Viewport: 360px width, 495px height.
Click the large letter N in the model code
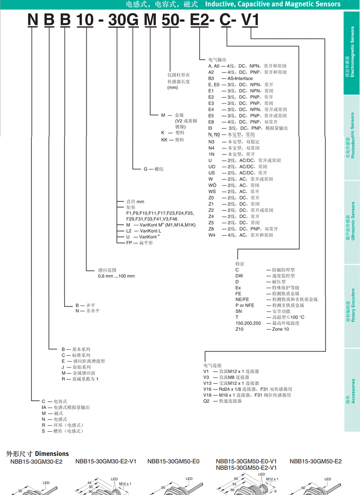[x=32, y=21]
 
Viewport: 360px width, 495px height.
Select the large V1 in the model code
[x=250, y=21]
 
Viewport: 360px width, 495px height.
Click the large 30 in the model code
[x=117, y=21]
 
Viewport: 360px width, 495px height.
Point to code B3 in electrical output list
[x=211, y=78]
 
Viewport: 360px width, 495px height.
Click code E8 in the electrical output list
[x=211, y=122]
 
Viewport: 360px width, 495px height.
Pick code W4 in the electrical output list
[x=212, y=235]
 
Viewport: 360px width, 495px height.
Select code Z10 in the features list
[x=240, y=329]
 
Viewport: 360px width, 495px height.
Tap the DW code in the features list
[x=239, y=276]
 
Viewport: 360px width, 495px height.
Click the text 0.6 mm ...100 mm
[x=116, y=276]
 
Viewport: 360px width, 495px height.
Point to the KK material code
[x=165, y=140]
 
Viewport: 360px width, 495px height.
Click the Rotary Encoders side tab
[x=351, y=305]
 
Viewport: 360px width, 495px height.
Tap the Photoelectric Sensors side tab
[x=351, y=137]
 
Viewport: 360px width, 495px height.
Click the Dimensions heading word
[x=52, y=454]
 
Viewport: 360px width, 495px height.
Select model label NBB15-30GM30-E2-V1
[x=106, y=461]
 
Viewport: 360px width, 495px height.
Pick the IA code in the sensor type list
[x=44, y=407]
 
